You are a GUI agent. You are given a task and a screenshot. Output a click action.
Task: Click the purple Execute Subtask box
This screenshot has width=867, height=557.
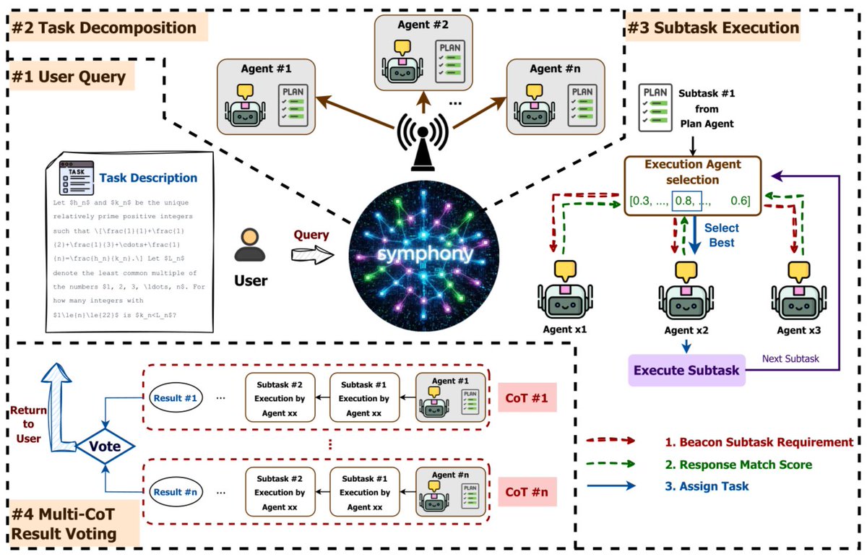(x=686, y=371)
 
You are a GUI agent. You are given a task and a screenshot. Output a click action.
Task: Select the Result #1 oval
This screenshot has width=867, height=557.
(x=176, y=398)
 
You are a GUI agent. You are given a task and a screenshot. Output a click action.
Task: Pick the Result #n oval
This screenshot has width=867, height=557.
(x=176, y=493)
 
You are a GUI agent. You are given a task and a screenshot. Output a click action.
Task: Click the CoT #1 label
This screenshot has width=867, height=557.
(x=527, y=397)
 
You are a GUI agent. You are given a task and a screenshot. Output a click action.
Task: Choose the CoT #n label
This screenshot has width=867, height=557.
(x=527, y=493)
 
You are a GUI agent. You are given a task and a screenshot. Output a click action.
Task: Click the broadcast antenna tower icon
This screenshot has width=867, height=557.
(x=423, y=141)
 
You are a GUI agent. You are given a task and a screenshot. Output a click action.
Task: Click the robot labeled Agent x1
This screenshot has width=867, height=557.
(x=560, y=296)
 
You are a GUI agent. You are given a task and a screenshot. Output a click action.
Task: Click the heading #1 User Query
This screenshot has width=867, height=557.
(x=69, y=77)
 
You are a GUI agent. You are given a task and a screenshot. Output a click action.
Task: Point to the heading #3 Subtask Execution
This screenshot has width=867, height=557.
(x=713, y=28)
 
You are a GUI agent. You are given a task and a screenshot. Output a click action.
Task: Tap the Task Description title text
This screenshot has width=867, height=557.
(x=148, y=178)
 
